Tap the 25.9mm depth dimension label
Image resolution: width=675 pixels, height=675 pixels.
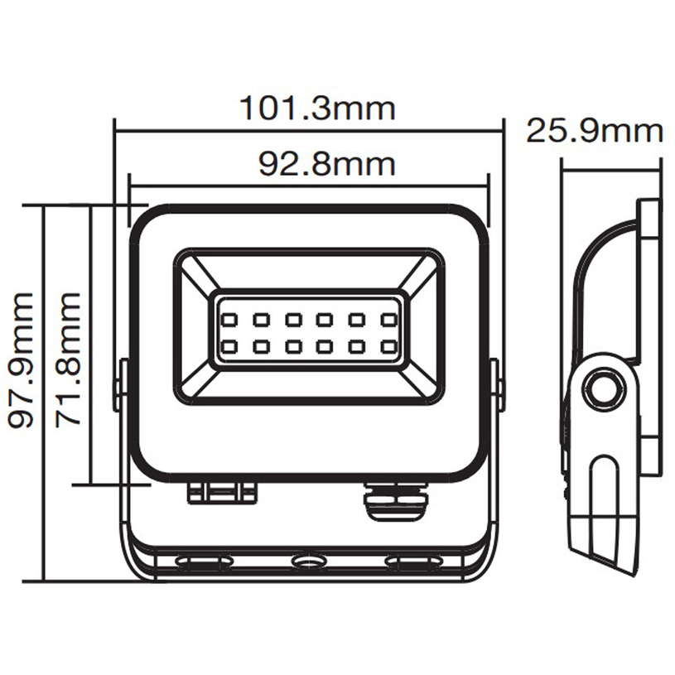[595, 131]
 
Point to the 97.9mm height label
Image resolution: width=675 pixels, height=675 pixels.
[22, 359]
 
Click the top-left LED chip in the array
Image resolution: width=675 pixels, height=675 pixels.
[229, 319]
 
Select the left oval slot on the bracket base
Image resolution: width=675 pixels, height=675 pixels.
[205, 563]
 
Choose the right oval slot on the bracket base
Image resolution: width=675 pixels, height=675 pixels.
[412, 563]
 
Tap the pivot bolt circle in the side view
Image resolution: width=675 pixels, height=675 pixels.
[602, 388]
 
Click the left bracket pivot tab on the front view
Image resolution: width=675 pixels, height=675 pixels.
[121, 385]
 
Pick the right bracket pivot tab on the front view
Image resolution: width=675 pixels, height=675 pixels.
[497, 385]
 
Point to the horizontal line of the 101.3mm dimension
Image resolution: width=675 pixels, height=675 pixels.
[207, 129]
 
